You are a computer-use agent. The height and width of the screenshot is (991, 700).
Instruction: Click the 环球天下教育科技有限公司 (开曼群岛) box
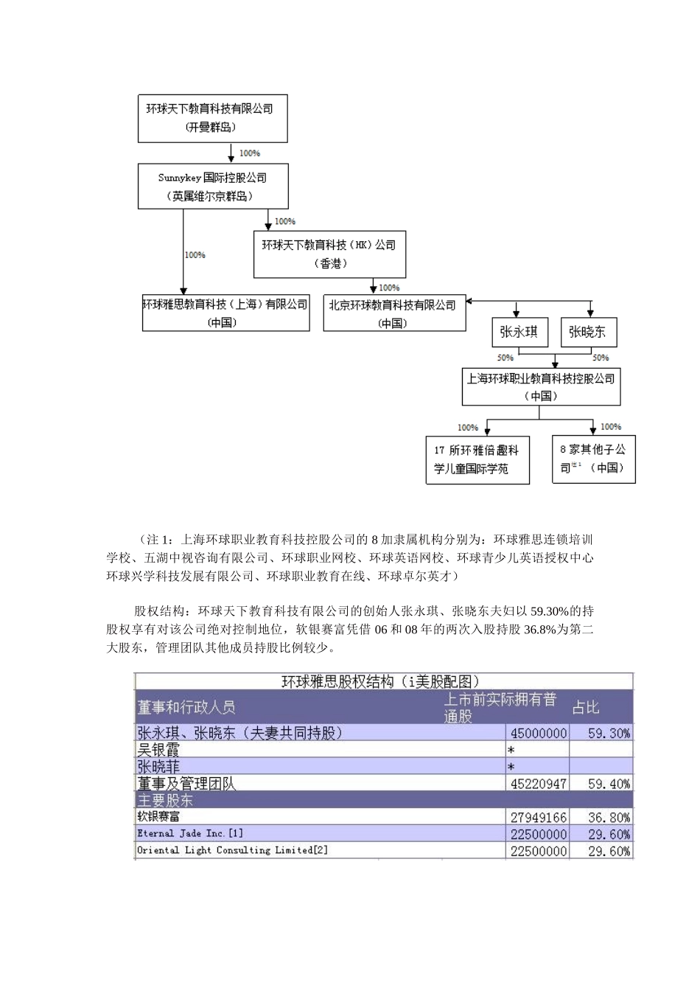tap(212, 118)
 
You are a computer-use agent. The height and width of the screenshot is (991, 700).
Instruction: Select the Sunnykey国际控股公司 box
tap(213, 187)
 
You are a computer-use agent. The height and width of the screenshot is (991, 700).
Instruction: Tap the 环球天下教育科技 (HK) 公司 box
tap(329, 254)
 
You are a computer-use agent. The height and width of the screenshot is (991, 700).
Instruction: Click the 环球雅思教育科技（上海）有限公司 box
tap(225, 313)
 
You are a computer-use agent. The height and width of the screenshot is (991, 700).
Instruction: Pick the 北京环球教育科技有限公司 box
tap(394, 313)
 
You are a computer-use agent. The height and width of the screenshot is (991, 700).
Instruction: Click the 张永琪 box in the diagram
tap(519, 332)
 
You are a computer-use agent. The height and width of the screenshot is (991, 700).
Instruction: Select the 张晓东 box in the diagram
tap(588, 332)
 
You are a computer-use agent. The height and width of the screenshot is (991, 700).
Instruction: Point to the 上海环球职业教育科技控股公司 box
tap(541, 387)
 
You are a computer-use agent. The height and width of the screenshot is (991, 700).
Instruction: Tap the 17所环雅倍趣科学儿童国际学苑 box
tap(477, 460)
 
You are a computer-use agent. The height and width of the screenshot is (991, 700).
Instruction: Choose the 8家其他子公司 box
tap(593, 459)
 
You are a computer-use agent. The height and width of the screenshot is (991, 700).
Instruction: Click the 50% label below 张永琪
tap(505, 358)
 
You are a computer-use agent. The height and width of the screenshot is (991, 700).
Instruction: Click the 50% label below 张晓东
tap(601, 358)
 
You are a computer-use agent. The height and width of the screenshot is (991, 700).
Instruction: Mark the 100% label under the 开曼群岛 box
tap(249, 153)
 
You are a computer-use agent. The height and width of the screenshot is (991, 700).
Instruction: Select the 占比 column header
tap(587, 707)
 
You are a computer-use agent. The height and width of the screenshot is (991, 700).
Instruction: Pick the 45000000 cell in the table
tap(539, 733)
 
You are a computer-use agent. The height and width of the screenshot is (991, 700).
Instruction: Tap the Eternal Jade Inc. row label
tap(190, 834)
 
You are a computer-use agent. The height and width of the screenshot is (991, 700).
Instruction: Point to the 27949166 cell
tap(539, 818)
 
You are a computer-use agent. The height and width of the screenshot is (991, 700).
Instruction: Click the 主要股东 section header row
tap(383, 800)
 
